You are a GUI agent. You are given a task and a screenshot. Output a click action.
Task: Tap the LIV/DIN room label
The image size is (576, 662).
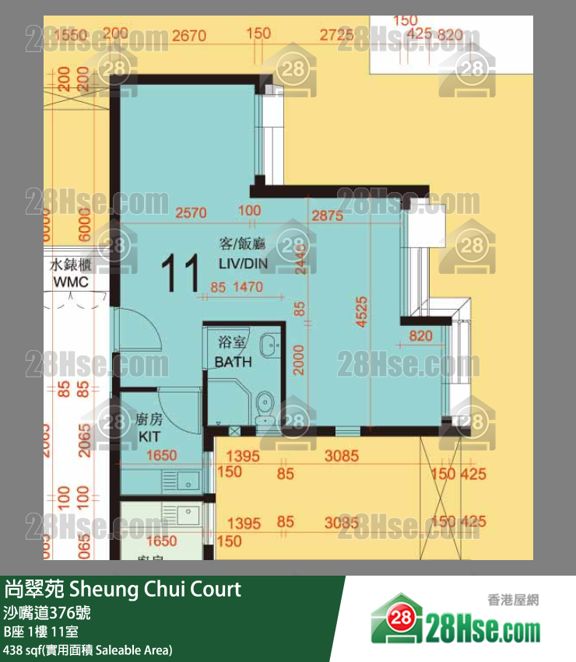[x=243, y=264]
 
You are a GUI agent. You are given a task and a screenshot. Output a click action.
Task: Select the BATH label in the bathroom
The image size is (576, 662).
[x=234, y=362]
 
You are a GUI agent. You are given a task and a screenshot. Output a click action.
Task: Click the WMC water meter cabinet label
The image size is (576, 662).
[x=70, y=282]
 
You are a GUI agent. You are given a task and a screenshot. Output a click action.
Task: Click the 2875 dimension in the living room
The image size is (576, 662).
[x=326, y=215]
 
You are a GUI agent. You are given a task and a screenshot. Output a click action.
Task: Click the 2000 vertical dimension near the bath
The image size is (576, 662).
[x=299, y=359]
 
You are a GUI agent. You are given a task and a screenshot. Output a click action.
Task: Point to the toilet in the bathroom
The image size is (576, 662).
[x=265, y=405]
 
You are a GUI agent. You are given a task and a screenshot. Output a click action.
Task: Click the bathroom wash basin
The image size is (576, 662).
[x=269, y=342]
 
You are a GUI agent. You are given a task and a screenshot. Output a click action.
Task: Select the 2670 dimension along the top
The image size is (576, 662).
[x=189, y=34]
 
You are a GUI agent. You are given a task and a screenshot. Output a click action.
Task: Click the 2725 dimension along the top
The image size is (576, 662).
[x=336, y=34]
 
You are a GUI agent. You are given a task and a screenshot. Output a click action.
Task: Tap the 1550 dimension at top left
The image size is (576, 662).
[x=71, y=34]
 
